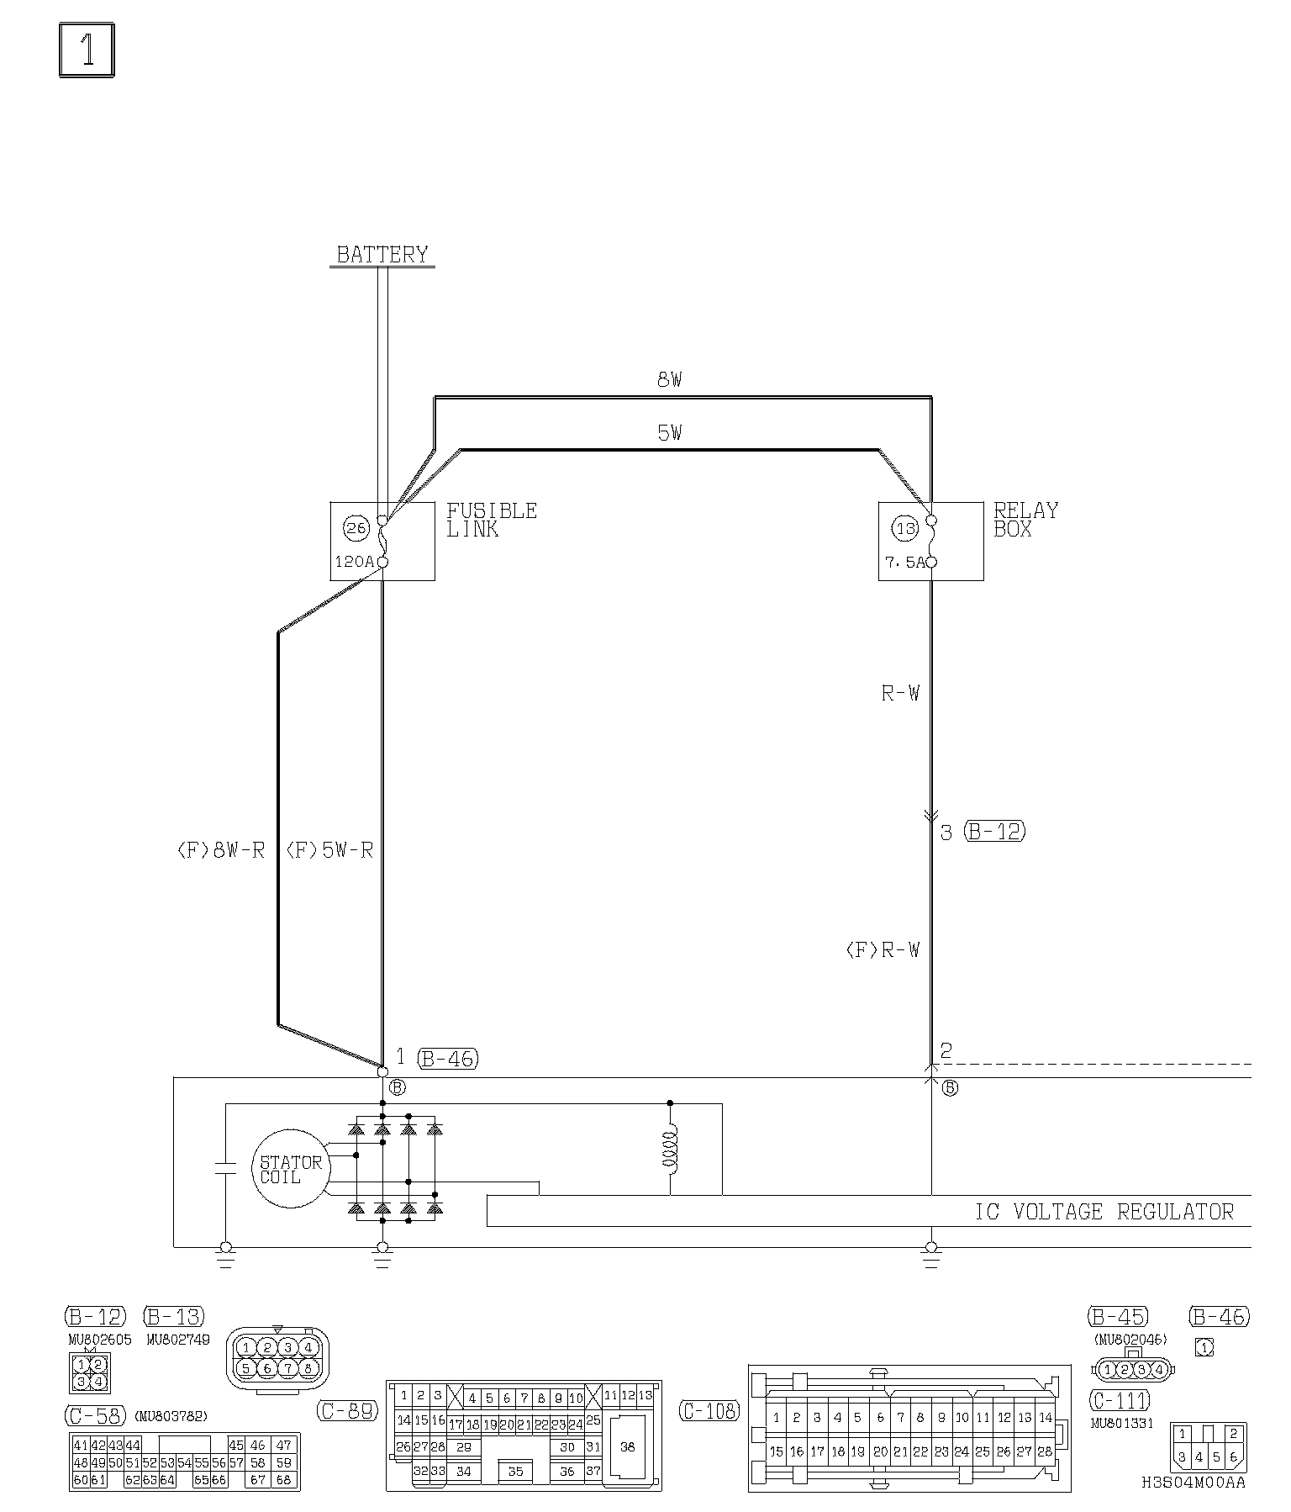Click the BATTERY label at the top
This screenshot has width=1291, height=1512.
[382, 254]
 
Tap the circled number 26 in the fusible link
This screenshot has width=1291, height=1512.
[356, 528]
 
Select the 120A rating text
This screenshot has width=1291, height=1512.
[354, 562]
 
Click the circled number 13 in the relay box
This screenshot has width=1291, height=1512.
[906, 529]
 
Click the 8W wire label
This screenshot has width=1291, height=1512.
[669, 380]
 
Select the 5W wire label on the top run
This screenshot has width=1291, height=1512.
[669, 434]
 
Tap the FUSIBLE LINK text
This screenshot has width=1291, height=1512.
[492, 520]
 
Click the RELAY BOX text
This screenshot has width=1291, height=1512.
[1025, 520]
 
